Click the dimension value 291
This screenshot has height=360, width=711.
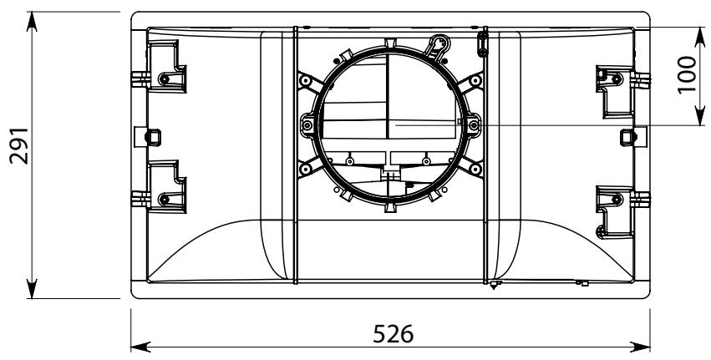20,146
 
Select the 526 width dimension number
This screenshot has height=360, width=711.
394,334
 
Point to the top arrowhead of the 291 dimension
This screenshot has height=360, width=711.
32,22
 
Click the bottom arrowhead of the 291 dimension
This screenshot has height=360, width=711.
32,289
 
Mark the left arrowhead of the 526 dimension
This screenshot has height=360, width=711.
140,347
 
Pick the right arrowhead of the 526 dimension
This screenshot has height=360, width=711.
640,347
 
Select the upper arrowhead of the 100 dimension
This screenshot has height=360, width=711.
699,37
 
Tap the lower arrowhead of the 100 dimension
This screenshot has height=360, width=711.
699,115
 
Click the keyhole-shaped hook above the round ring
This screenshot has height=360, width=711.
439,46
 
